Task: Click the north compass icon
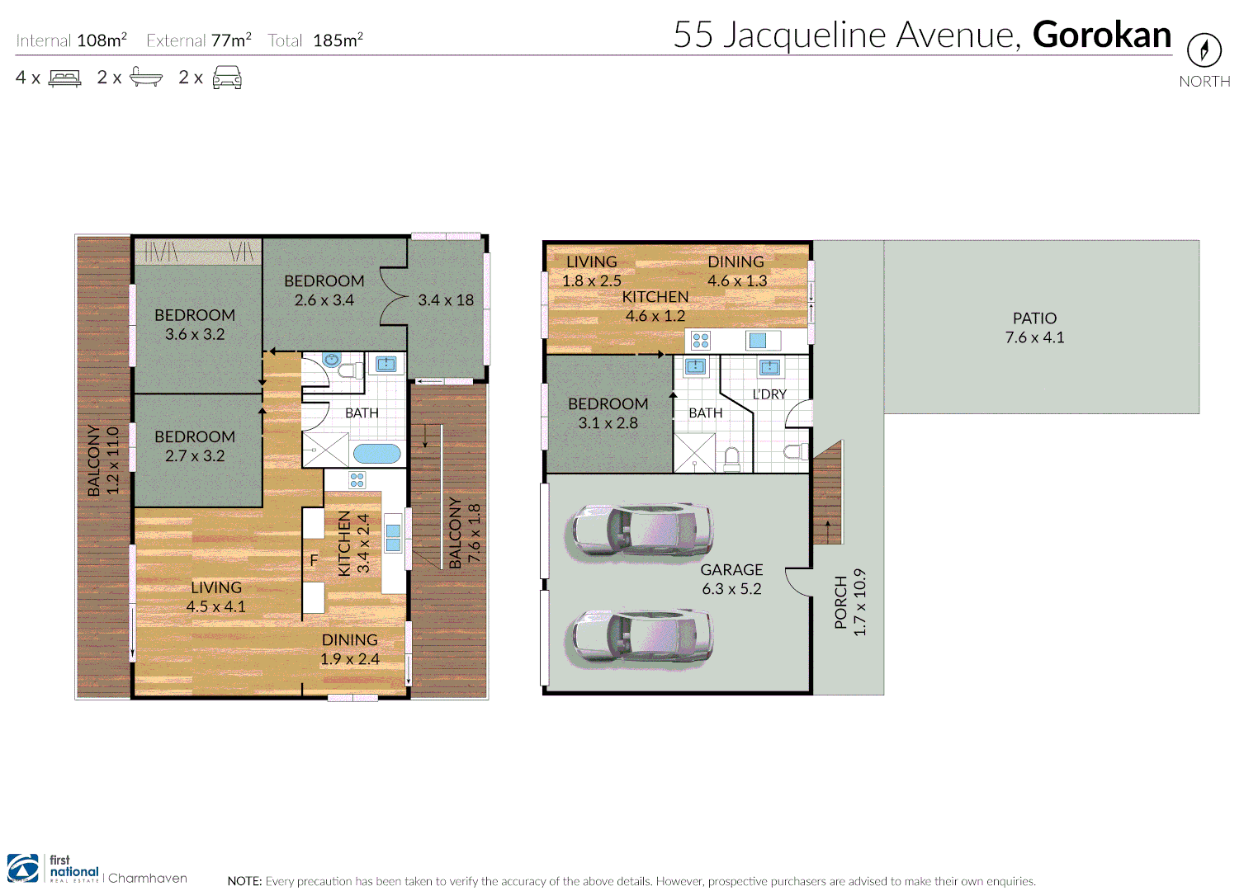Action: tap(1204, 51)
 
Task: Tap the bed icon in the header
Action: tap(65, 78)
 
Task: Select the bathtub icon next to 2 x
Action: tap(146, 78)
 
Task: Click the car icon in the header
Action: tap(227, 78)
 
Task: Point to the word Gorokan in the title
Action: tap(1101, 35)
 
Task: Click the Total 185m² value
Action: tap(338, 40)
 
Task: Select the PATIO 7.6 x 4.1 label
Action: tap(1034, 328)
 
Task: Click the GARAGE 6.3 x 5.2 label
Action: tap(731, 579)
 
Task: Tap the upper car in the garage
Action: tap(640, 532)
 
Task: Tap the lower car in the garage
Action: tap(640, 638)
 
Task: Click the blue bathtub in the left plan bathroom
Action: tap(377, 454)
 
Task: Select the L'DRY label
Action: tap(769, 394)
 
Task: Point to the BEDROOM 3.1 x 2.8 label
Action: tap(608, 413)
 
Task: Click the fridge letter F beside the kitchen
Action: tap(314, 560)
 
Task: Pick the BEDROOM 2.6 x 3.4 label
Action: tap(324, 290)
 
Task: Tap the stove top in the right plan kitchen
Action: tap(701, 341)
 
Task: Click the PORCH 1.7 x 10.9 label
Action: tap(849, 602)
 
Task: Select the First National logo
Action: tap(53, 870)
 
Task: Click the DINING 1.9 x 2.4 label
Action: tap(350, 649)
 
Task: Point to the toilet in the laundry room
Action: tap(795, 451)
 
